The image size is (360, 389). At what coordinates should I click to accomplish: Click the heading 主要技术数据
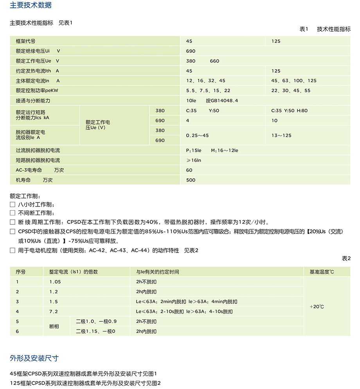(31, 5)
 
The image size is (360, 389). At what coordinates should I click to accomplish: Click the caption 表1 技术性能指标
(325, 29)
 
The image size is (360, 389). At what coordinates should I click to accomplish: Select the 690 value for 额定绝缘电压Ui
(191, 51)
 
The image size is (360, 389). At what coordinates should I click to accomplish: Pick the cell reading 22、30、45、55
(291, 91)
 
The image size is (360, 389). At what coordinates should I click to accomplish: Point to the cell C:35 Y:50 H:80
(290, 111)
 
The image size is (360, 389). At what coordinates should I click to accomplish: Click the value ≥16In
(194, 160)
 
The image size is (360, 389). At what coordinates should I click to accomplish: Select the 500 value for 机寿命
(191, 180)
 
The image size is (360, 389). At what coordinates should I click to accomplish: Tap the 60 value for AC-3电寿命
(189, 170)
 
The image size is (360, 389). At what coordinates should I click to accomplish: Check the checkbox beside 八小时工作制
(13, 204)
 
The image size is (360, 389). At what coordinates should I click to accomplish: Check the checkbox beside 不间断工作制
(13, 213)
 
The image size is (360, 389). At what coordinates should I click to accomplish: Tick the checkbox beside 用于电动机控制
(13, 250)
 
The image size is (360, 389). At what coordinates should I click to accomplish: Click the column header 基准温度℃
(322, 272)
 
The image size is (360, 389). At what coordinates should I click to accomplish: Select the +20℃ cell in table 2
(317, 307)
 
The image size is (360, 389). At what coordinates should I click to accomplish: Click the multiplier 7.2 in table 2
(54, 312)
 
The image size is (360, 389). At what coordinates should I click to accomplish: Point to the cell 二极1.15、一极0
(96, 332)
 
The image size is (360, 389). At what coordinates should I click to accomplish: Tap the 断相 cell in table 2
(54, 326)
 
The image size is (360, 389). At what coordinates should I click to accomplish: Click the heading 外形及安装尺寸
(34, 358)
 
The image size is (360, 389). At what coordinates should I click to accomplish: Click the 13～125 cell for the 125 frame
(281, 135)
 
